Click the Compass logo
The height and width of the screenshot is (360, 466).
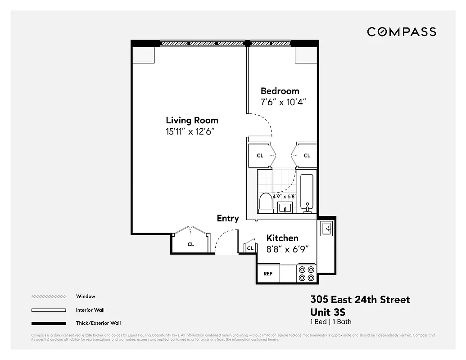coord(401,31)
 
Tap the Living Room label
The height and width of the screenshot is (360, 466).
coord(192,120)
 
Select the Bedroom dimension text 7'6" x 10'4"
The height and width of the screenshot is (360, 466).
coord(283,102)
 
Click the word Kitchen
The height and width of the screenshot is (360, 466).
coord(282,238)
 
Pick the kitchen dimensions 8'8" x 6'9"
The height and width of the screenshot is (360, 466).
coord(287,249)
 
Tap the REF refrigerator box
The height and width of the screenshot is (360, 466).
coord(268,274)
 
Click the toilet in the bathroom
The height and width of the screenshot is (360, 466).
coord(266,203)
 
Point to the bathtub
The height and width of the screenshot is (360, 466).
coord(308,193)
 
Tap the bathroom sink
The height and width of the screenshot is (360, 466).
coord(285,207)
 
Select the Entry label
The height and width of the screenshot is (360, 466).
coord(228,218)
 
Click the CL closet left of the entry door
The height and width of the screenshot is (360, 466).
coord(190,244)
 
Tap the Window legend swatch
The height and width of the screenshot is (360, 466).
coord(49,297)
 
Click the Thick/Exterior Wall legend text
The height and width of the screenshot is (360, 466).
coord(98,323)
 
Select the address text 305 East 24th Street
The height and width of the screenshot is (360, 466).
coord(360,300)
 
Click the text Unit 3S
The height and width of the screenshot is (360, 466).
coord(328,312)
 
